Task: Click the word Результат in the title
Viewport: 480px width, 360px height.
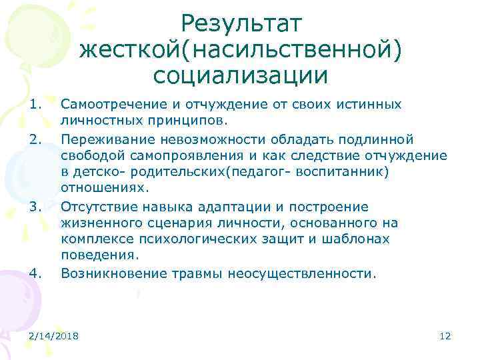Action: (x=241, y=24)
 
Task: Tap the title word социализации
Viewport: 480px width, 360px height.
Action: (x=241, y=75)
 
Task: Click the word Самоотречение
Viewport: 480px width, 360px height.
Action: (x=107, y=105)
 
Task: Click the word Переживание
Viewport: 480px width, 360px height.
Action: (x=101, y=139)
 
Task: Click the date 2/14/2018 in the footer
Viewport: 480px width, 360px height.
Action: (x=53, y=337)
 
